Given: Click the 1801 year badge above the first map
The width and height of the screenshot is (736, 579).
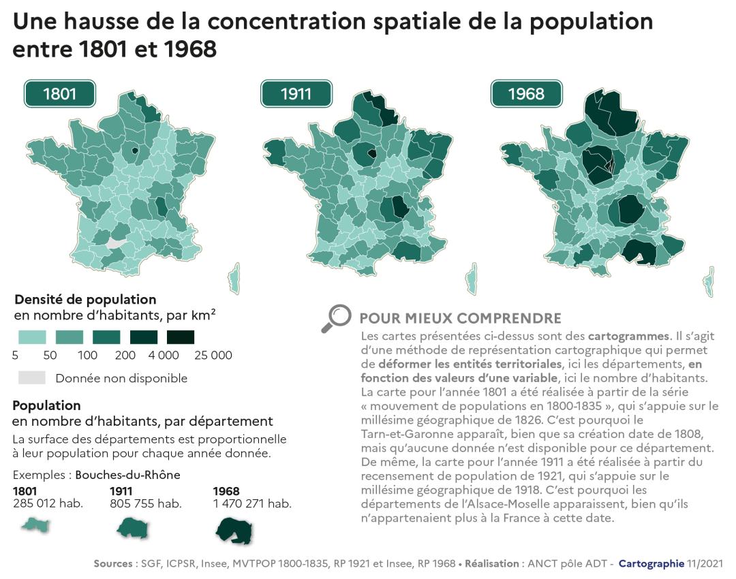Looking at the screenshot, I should click(x=59, y=94).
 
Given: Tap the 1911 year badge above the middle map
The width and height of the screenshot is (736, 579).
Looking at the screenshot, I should click(x=296, y=94).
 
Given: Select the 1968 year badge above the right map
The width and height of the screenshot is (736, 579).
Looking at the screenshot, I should click(x=526, y=94).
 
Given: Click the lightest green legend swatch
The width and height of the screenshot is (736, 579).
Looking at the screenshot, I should click(x=31, y=337).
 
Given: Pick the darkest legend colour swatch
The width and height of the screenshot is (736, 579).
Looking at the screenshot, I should click(x=180, y=337).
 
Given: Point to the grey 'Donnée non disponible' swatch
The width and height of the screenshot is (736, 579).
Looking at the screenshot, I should click(x=31, y=377).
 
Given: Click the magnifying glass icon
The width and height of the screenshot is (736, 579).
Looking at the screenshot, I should click(x=335, y=318).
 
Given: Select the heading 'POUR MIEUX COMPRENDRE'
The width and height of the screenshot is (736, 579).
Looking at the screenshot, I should click(x=460, y=319).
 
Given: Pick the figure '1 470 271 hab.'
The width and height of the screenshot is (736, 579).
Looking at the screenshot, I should click(x=252, y=504).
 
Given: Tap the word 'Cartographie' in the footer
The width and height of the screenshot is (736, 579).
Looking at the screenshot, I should click(x=651, y=563).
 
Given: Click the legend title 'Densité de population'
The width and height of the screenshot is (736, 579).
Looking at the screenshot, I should click(x=85, y=300).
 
